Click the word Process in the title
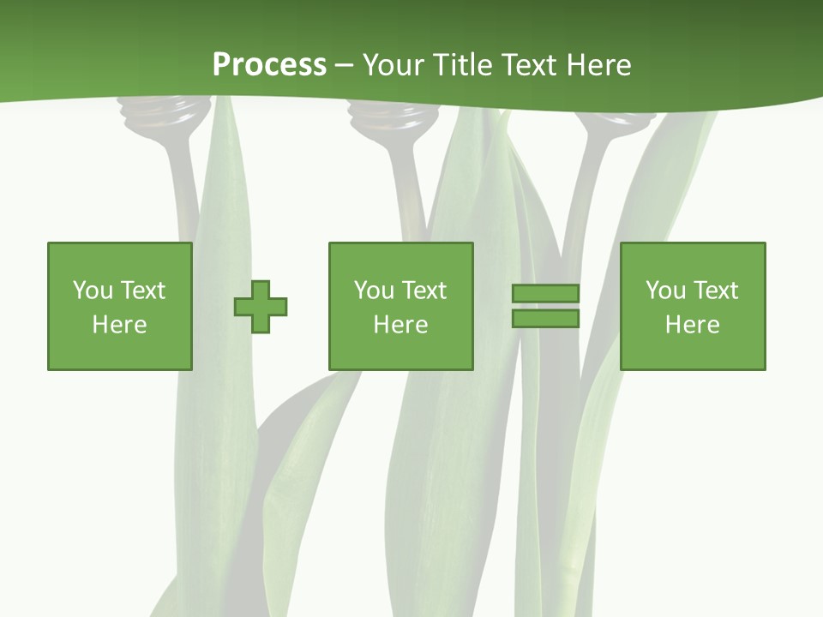tap(269, 65)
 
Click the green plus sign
tap(261, 306)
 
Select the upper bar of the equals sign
tap(545, 293)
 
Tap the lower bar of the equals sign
tap(545, 318)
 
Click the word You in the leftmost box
tap(93, 291)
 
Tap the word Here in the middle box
tap(400, 325)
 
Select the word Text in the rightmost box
tap(715, 291)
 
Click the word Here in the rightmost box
tap(692, 325)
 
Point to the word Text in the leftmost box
tap(142, 291)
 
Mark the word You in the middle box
tap(375, 291)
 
